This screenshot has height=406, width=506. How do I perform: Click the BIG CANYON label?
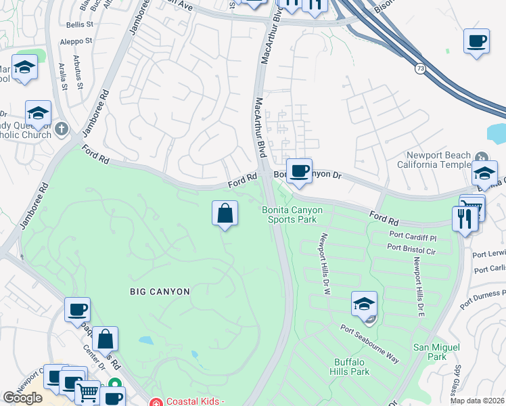tap(160, 291)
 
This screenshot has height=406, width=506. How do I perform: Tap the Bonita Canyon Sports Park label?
tap(292, 215)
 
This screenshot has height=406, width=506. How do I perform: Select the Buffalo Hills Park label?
tap(349, 367)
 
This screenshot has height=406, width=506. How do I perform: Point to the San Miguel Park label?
tap(430, 351)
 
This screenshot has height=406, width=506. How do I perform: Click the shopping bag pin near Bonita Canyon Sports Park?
tap(225, 214)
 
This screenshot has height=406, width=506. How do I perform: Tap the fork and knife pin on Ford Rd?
tap(465, 219)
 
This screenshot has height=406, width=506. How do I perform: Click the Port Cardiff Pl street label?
tap(413, 238)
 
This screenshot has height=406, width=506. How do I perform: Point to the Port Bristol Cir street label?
tap(411, 250)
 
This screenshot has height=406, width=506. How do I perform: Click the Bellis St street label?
tap(79, 24)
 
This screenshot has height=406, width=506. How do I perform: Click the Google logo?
tap(22, 398)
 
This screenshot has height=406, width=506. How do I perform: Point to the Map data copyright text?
tap(478, 401)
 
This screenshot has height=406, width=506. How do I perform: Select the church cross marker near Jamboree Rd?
tap(61, 129)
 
